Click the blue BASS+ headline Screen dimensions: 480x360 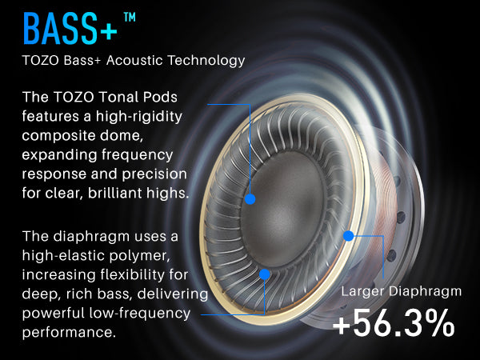(70, 29)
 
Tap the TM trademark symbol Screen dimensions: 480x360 (130, 17)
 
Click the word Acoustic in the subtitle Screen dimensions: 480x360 (134, 60)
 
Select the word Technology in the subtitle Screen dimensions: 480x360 (206, 61)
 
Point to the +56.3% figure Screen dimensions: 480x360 (394, 322)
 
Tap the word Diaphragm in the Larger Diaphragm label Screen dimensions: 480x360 (426, 291)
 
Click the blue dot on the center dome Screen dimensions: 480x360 (250, 199)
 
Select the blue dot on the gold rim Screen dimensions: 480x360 (348, 236)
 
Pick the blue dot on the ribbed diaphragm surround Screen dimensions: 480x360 (265, 274)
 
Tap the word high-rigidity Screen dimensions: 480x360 (139, 117)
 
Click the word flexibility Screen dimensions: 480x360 (133, 274)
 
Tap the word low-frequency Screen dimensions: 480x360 (139, 314)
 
